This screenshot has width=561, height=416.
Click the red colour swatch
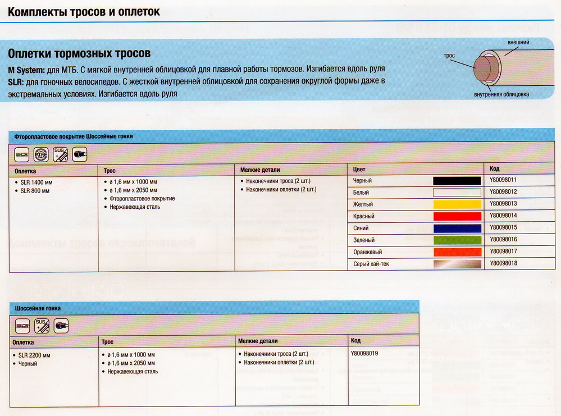pyautogui.click(x=457, y=216)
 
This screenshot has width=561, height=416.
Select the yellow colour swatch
pyautogui.click(x=457, y=204)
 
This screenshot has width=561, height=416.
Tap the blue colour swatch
pyautogui.click(x=457, y=228)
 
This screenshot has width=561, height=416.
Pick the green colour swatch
pyautogui.click(x=457, y=240)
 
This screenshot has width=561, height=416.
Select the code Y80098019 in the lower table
pyautogui.click(x=364, y=354)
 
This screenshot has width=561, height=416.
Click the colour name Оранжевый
pyautogui.click(x=367, y=252)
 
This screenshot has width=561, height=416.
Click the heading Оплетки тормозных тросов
pyautogui.click(x=79, y=54)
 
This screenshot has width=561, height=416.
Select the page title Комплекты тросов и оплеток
pyautogui.click(x=84, y=12)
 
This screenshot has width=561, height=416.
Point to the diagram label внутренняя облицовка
pyautogui.click(x=501, y=94)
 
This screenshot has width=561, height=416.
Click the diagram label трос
pyautogui.click(x=449, y=56)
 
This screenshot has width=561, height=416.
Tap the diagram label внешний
pyautogui.click(x=518, y=43)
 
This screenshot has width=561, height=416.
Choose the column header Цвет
pyautogui.click(x=359, y=169)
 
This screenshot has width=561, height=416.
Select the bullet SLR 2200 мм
pyautogui.click(x=35, y=355)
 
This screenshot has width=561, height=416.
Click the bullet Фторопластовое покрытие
pyautogui.click(x=142, y=199)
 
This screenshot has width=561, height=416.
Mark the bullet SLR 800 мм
pyautogui.click(x=35, y=191)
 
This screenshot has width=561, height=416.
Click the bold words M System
pyautogui.click(x=26, y=68)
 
